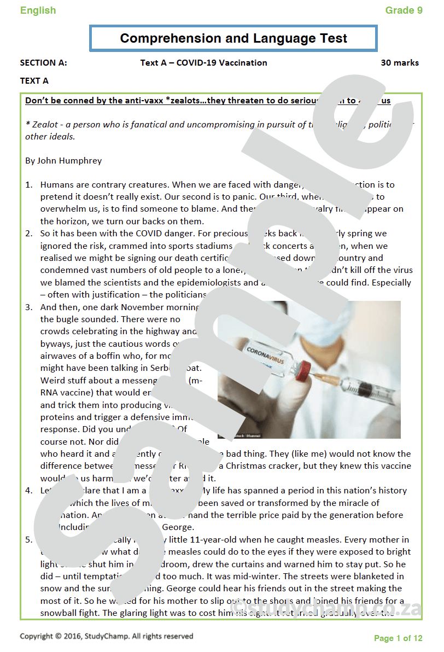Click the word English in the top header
click(x=38, y=10)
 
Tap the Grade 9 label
click(x=404, y=10)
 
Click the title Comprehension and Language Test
click(x=233, y=38)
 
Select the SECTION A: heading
click(x=44, y=63)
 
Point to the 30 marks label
click(x=400, y=63)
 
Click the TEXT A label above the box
click(x=34, y=81)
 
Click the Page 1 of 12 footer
click(x=398, y=638)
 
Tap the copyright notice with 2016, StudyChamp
click(x=107, y=636)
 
